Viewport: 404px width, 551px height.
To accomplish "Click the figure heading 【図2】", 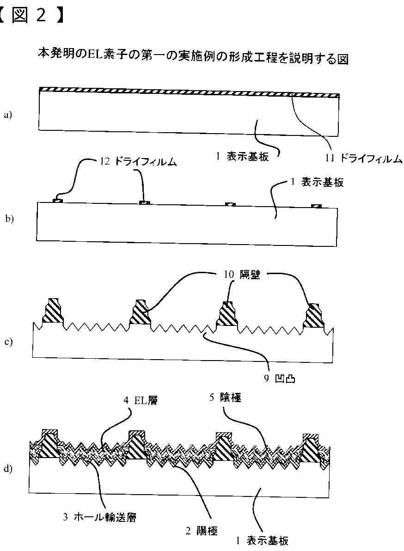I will [31, 15].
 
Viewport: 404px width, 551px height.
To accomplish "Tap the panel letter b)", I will [9, 219].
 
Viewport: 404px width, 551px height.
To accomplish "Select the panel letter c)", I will [8, 342].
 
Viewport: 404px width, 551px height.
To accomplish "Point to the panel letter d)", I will [8, 469].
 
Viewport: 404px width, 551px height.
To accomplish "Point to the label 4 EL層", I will [141, 401].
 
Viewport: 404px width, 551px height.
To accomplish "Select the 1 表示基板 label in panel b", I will [317, 182].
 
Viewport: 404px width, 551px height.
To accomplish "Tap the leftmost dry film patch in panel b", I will [58, 200].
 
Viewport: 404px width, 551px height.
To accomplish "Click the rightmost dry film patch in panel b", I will [317, 205].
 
